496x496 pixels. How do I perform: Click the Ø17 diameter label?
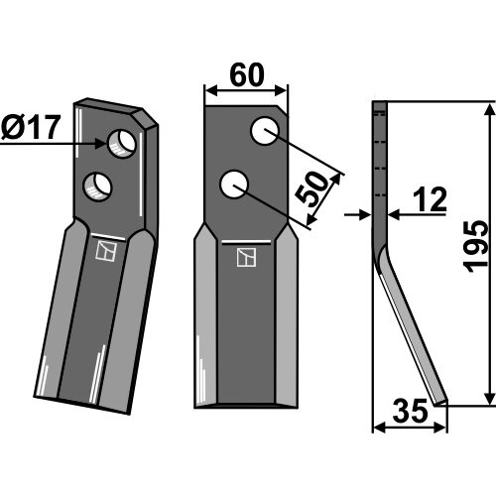point(31,128)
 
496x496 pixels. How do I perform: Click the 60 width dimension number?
point(247,75)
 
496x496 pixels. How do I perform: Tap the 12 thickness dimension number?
point(430,199)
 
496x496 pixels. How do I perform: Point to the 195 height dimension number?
point(475,247)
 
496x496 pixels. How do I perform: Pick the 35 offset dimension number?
point(410,411)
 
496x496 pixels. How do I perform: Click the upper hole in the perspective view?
point(122,145)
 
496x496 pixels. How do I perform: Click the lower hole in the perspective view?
point(97,186)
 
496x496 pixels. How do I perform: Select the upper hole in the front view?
point(265,131)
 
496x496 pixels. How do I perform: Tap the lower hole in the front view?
point(234,185)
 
